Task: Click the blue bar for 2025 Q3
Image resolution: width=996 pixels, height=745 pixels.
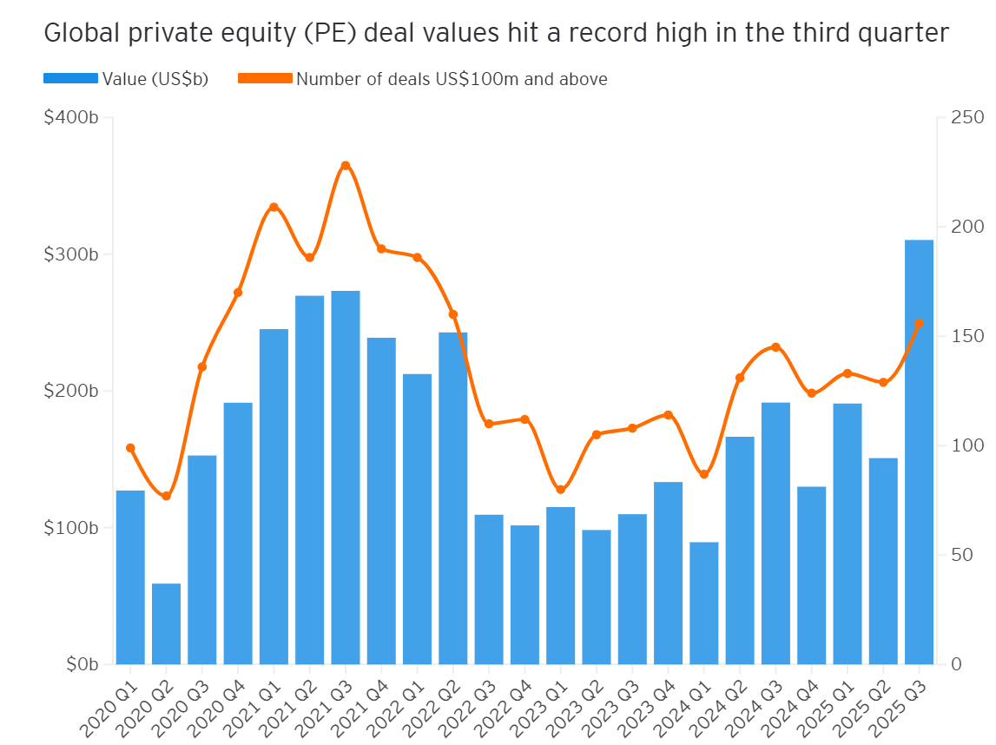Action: click(x=919, y=452)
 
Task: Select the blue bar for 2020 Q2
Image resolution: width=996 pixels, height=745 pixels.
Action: click(x=166, y=623)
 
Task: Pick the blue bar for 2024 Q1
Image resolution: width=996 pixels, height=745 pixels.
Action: click(x=704, y=603)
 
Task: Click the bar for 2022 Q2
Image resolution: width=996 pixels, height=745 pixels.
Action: click(x=452, y=498)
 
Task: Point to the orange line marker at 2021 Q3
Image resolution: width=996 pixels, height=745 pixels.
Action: click(x=346, y=166)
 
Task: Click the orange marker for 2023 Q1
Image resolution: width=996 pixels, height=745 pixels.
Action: click(x=560, y=490)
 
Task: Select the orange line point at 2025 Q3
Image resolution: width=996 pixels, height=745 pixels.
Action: click(x=919, y=324)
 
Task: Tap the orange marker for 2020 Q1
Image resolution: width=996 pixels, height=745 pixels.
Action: click(x=130, y=448)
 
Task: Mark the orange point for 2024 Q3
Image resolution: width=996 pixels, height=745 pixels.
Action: click(x=775, y=347)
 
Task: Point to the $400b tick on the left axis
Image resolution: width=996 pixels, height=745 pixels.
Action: click(x=70, y=117)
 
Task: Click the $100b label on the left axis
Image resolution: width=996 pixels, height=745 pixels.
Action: click(x=70, y=528)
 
